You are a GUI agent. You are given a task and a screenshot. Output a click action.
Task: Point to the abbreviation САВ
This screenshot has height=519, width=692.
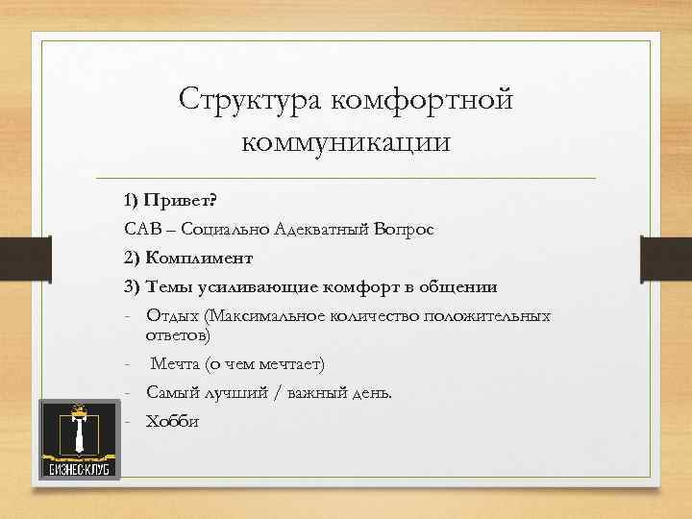pos(138,231)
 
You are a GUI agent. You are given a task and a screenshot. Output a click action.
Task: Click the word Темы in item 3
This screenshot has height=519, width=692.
pos(172,288)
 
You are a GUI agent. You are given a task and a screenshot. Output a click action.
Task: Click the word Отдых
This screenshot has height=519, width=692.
pos(167,316)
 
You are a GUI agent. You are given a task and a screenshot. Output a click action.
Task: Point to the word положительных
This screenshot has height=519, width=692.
pos(492,316)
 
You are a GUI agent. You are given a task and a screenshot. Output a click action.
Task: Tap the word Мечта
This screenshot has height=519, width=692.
pos(174,365)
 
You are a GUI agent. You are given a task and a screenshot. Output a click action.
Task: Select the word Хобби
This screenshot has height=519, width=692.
pos(172,421)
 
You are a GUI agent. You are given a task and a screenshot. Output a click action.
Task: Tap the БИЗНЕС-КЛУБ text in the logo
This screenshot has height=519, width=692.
pos(81,468)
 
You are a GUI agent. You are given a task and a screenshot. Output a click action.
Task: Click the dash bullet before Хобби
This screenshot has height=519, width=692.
pos(127,421)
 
